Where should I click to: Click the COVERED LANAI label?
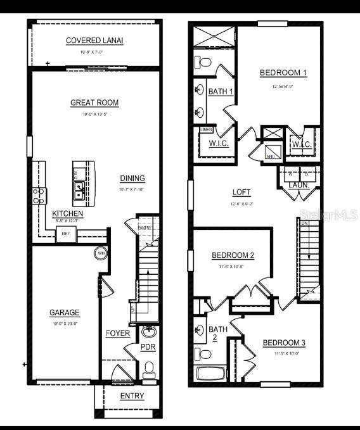tap(94, 41)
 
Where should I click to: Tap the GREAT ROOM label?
tap(94, 103)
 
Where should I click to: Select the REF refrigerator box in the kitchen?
tap(65, 234)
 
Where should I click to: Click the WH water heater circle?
tap(101, 253)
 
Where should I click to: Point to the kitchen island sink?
tap(80, 188)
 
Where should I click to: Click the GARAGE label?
tap(65, 312)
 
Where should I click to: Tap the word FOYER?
tap(118, 333)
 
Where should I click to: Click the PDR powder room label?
tap(148, 348)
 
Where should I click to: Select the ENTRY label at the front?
tap(132, 396)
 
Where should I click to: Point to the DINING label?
tap(132, 179)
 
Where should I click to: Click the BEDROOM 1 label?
tap(283, 73)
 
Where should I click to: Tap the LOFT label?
tap(241, 193)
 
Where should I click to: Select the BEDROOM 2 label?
tap(233, 255)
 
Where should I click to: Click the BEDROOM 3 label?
tap(284, 343)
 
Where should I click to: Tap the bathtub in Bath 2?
tap(207, 372)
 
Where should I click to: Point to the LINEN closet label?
tap(206, 130)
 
